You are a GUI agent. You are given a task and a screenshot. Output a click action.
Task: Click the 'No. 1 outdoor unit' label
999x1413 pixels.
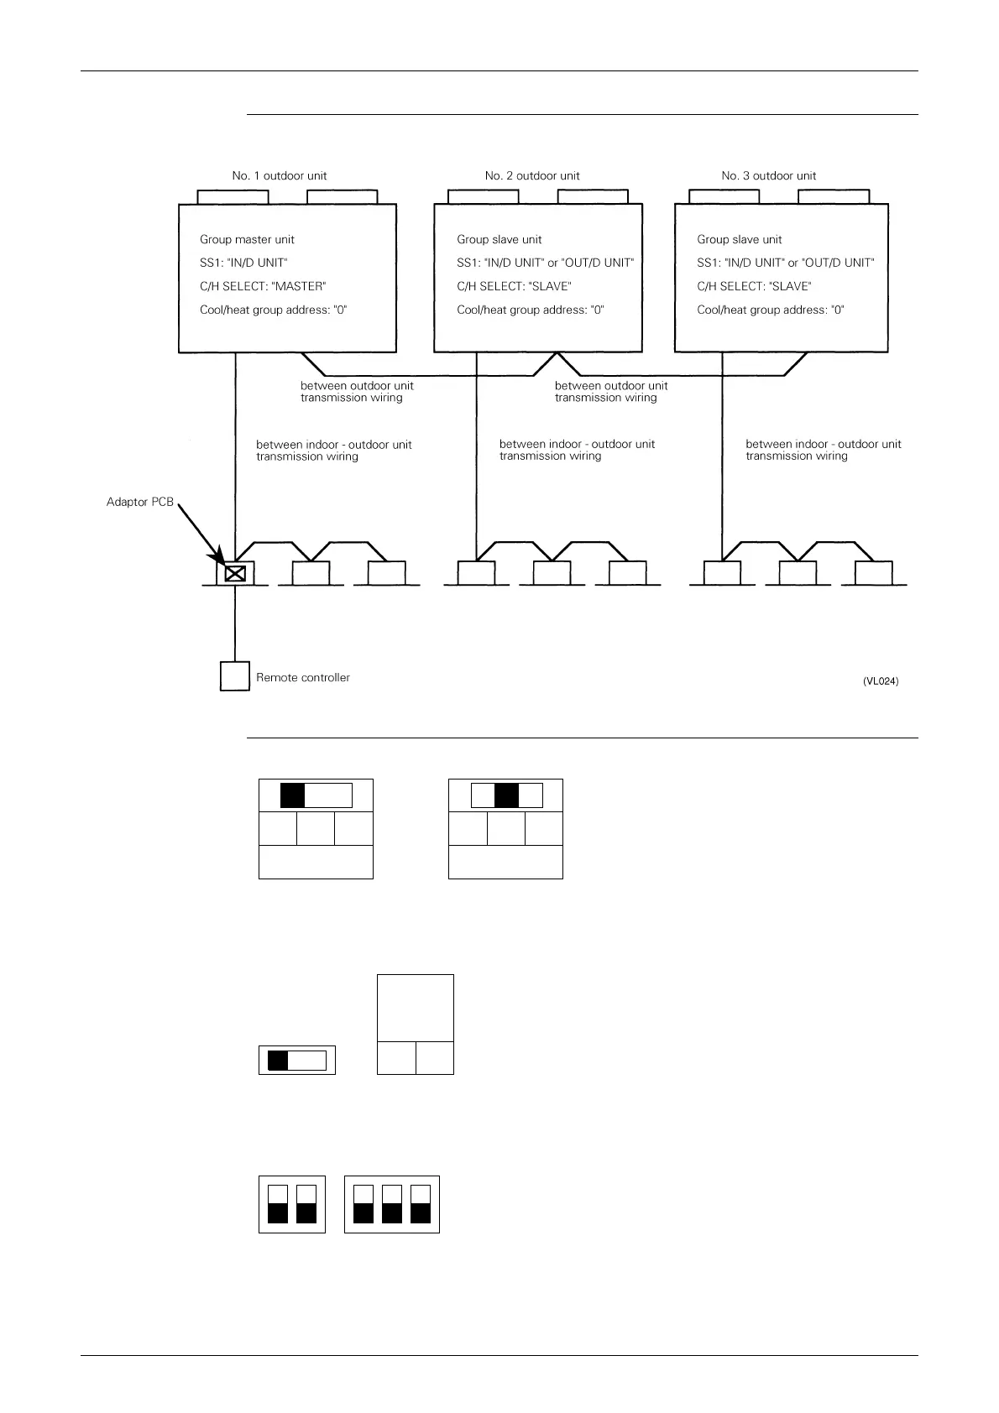pyautogui.click(x=280, y=176)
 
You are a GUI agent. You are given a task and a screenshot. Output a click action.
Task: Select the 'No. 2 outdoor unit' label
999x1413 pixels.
pyautogui.click(x=532, y=176)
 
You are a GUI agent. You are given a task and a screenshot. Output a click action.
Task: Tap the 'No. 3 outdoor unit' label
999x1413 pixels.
pyautogui.click(x=769, y=176)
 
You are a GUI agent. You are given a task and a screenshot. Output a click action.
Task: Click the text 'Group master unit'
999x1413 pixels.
pyautogui.click(x=247, y=240)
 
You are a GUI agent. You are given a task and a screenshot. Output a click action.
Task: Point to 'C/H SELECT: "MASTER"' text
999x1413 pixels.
pyautogui.click(x=263, y=287)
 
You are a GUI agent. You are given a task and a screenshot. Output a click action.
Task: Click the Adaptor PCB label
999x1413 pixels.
pyautogui.click(x=140, y=503)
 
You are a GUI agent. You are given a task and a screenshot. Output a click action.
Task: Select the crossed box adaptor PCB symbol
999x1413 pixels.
pyautogui.click(x=235, y=574)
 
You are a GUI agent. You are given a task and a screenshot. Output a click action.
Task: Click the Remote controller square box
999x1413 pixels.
pyautogui.click(x=235, y=676)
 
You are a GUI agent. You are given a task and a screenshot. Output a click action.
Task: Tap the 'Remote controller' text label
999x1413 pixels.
pyautogui.click(x=303, y=678)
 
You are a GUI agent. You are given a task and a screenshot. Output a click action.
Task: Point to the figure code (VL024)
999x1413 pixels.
pyautogui.click(x=881, y=682)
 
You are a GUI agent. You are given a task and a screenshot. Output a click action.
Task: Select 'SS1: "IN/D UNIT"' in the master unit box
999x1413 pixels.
pyautogui.click(x=243, y=263)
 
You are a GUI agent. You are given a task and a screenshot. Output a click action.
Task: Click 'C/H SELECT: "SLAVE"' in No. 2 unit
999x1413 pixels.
pyautogui.click(x=514, y=287)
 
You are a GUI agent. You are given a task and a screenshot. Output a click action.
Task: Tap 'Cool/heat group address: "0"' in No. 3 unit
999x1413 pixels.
pyautogui.click(x=771, y=310)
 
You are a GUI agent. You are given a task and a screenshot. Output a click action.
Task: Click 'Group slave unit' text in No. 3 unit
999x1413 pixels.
pyautogui.click(x=740, y=240)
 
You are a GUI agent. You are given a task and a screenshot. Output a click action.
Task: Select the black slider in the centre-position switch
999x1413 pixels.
pyautogui.click(x=506, y=795)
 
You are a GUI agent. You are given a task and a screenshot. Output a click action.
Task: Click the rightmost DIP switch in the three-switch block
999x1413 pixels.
pyautogui.click(x=421, y=1205)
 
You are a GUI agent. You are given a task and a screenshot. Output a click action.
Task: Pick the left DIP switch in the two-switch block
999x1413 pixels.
pyautogui.click(x=278, y=1205)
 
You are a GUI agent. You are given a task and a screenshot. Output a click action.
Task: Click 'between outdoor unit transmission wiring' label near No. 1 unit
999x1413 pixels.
pyautogui.click(x=357, y=392)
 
